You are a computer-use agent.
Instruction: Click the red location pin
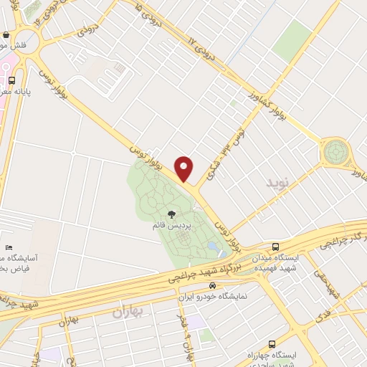(184, 168)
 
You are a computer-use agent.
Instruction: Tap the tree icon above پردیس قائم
(171, 214)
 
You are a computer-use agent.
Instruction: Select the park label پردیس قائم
(171, 226)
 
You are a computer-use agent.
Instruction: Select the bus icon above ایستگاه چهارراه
(272, 344)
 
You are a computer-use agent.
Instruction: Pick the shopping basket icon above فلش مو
(6, 34)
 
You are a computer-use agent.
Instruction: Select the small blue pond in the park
(213, 247)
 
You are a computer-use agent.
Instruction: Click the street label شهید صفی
(331, 284)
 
